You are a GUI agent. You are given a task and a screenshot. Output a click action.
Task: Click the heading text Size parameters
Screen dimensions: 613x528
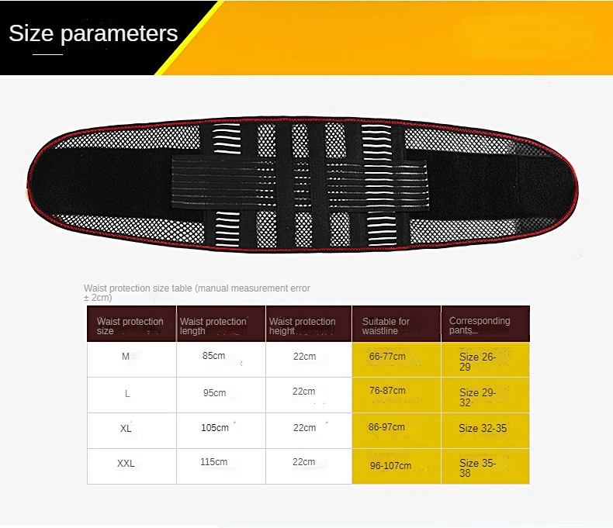[x=93, y=34]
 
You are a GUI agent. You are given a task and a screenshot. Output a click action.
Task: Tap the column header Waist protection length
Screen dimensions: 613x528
[x=213, y=326]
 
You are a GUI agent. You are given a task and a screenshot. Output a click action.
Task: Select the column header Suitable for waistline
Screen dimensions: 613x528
[x=386, y=326]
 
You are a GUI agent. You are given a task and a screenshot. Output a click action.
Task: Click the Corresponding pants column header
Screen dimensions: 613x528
[x=480, y=326]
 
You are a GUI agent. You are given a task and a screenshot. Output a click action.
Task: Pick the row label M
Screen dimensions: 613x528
[x=126, y=357]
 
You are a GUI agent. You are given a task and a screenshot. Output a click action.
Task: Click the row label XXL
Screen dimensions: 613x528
[x=126, y=464]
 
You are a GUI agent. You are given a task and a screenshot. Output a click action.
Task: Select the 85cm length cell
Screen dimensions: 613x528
[x=214, y=356]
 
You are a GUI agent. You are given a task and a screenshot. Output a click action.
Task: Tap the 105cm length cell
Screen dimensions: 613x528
[x=215, y=428]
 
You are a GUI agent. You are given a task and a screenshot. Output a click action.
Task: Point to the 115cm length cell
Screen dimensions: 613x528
[x=214, y=462]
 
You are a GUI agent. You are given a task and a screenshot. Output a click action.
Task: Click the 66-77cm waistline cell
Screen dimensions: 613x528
[x=387, y=357]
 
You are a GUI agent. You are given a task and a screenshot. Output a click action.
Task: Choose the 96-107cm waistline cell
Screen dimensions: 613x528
[x=390, y=466]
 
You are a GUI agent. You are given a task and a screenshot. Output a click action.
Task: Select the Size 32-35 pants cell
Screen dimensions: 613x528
[x=483, y=429]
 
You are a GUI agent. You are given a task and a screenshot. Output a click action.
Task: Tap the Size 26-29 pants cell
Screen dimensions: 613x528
[x=477, y=361]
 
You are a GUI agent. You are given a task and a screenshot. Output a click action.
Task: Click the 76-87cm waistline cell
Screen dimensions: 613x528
[x=387, y=391]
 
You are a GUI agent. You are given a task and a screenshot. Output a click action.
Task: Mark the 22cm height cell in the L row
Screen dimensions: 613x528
[x=303, y=392]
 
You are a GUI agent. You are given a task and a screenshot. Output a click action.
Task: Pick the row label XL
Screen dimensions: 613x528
[x=126, y=429]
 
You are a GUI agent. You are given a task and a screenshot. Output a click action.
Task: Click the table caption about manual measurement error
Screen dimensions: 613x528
[x=196, y=293]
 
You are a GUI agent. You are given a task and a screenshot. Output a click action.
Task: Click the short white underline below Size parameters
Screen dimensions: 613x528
[x=47, y=55]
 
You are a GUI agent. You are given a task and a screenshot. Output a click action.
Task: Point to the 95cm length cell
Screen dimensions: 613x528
[x=214, y=393]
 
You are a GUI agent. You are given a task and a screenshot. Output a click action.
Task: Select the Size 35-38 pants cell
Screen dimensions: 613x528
[x=477, y=468]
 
